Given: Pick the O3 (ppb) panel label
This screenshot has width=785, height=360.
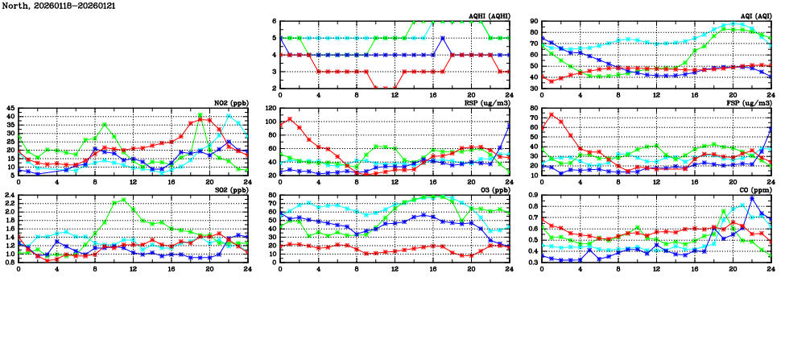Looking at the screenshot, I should click(x=492, y=189).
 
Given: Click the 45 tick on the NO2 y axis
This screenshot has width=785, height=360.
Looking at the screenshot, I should click(x=10, y=108).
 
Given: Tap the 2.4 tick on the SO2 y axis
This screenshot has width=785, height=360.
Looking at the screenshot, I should click(x=9, y=195).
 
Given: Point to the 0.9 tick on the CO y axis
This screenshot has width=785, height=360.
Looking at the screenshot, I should click(x=534, y=195).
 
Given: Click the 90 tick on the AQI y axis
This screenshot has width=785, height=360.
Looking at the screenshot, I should click(x=534, y=22).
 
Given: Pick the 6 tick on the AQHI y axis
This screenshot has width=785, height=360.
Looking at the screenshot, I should click(x=274, y=22).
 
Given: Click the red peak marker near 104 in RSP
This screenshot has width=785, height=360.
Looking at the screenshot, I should click(x=290, y=119).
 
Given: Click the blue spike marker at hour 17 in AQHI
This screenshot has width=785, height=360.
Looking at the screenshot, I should click(x=443, y=38).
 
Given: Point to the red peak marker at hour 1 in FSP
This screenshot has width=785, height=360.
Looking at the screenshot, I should click(x=552, y=114).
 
